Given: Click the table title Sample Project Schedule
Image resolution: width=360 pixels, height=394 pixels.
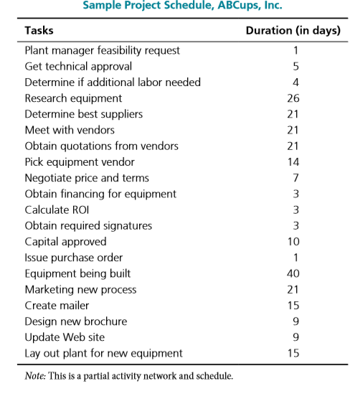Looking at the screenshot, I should (x=183, y=6).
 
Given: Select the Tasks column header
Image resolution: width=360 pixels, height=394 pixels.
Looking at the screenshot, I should (x=39, y=31).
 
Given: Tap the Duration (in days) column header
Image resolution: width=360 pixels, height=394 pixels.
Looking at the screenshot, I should (x=293, y=31).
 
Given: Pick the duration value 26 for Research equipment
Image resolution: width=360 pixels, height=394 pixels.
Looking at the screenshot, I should (x=293, y=98).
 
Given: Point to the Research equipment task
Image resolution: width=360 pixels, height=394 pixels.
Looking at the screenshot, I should (x=73, y=98).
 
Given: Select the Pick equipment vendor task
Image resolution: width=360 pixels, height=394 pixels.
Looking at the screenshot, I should (x=74, y=162).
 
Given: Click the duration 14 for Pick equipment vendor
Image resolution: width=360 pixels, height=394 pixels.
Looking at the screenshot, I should (x=293, y=162).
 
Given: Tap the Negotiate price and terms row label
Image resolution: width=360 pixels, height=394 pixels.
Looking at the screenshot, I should (x=87, y=178).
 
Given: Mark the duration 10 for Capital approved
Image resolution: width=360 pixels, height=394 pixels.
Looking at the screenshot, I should (x=293, y=242).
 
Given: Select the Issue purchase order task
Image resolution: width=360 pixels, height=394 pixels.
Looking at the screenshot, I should (x=73, y=258).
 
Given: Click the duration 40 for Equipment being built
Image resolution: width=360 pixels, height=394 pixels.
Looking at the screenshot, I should (x=293, y=273).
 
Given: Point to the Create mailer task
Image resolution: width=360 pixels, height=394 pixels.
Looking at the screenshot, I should (x=57, y=306).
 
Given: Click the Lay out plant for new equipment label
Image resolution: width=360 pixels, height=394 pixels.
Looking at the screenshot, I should (x=103, y=353).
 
